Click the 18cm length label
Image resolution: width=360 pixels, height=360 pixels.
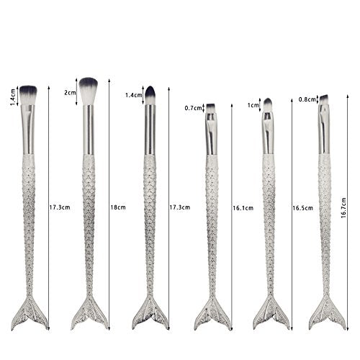pos(118,207)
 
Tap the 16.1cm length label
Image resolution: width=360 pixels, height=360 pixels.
pos(243,208)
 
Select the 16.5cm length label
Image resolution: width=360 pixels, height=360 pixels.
pos(302,208)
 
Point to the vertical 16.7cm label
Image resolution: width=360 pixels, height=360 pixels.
pos(343,208)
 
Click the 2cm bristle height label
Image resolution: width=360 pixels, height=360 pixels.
pos(70,93)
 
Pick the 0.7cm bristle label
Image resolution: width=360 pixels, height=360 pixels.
pos(193,108)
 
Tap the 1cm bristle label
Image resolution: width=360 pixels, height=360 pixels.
pos(253,105)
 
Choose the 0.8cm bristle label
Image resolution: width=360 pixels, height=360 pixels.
pos(307,99)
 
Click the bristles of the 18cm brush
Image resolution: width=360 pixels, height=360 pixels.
pos(89,91)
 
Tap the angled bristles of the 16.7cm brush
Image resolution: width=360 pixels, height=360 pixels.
pos(324,99)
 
